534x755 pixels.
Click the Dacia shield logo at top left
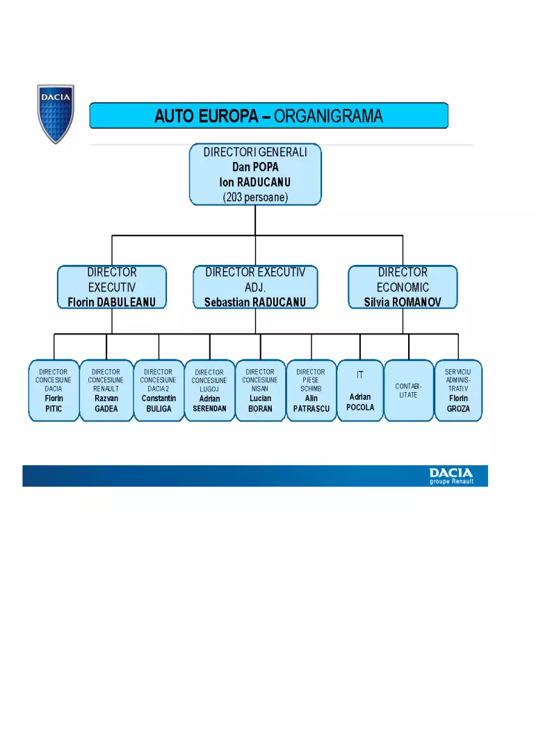(x=56, y=113)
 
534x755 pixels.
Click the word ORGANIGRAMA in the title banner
(x=328, y=116)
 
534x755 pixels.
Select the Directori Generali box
(x=255, y=174)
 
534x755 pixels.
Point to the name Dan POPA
(x=255, y=167)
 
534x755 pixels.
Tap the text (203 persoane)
(x=255, y=197)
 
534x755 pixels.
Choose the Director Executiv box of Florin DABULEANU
(x=112, y=287)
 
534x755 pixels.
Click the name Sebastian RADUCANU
(x=255, y=302)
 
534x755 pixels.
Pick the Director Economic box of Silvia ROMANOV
(x=403, y=287)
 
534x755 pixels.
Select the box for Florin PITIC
(x=54, y=391)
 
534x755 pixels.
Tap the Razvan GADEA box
(x=106, y=391)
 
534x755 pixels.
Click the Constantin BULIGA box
(x=159, y=391)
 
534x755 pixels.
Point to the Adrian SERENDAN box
(x=209, y=391)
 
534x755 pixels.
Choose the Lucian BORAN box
(x=261, y=391)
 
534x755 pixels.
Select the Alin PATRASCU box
(x=311, y=391)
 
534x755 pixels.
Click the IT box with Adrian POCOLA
(x=360, y=391)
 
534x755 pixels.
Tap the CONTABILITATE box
(x=409, y=391)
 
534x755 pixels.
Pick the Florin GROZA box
(x=458, y=391)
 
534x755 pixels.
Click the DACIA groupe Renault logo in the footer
(x=452, y=476)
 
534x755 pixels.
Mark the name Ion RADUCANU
(x=255, y=182)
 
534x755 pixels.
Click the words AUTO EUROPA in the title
(x=207, y=116)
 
